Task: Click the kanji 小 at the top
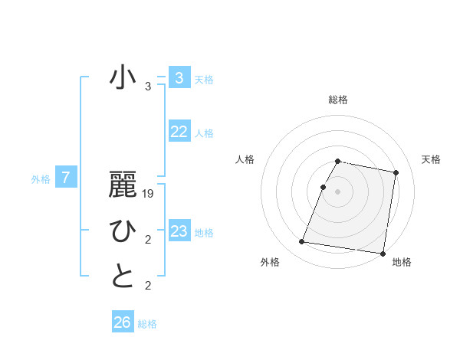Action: [123, 78]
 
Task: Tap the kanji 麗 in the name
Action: [123, 185]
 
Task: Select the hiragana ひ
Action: [123, 231]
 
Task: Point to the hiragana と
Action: [123, 277]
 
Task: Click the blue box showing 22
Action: [179, 132]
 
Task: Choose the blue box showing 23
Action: [179, 231]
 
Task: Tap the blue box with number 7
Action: [66, 178]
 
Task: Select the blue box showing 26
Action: [123, 322]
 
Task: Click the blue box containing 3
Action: [179, 77]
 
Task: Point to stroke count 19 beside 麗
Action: [149, 194]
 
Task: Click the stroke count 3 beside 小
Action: [148, 87]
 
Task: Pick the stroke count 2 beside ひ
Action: [148, 241]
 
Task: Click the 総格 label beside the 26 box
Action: [147, 324]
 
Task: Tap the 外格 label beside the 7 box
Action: [41, 179]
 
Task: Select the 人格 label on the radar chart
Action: [245, 159]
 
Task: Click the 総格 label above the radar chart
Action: [338, 100]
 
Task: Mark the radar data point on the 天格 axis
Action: [396, 172]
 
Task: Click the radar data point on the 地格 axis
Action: [382, 253]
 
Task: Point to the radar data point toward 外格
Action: [302, 242]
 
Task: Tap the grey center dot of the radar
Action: [338, 191]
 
